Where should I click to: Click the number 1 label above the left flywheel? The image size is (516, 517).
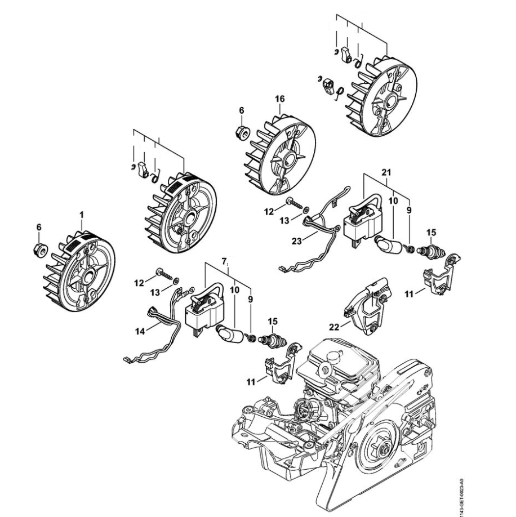tap(82, 215)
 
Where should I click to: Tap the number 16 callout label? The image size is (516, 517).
tap(280, 99)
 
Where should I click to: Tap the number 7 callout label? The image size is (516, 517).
tap(224, 261)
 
